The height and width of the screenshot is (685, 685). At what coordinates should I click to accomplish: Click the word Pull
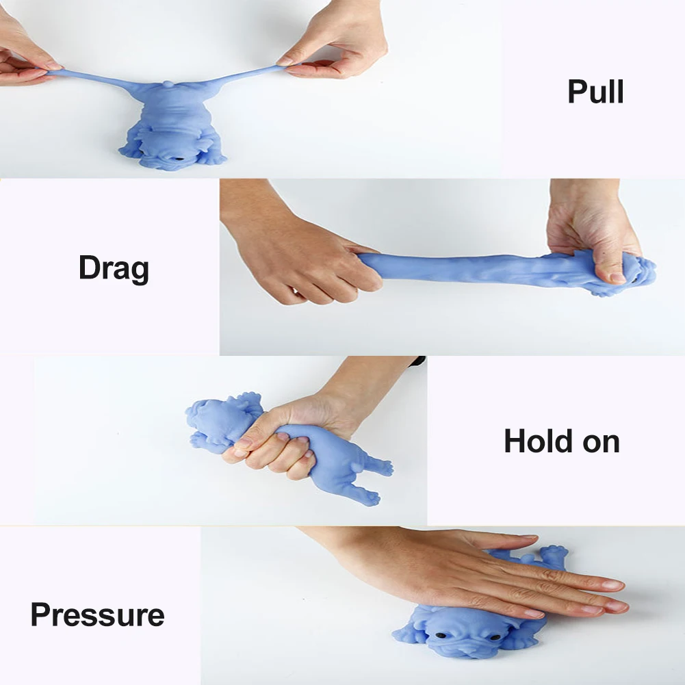click(595, 91)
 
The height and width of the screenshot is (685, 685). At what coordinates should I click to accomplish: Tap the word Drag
click(114, 268)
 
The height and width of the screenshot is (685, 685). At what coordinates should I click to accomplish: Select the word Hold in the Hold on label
click(538, 441)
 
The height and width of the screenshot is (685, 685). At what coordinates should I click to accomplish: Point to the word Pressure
click(97, 615)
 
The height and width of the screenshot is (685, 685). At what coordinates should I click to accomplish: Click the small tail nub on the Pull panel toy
click(168, 83)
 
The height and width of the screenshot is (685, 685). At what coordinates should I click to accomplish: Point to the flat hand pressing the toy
click(480, 572)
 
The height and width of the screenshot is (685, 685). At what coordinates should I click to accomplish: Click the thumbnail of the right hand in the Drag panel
click(617, 277)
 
